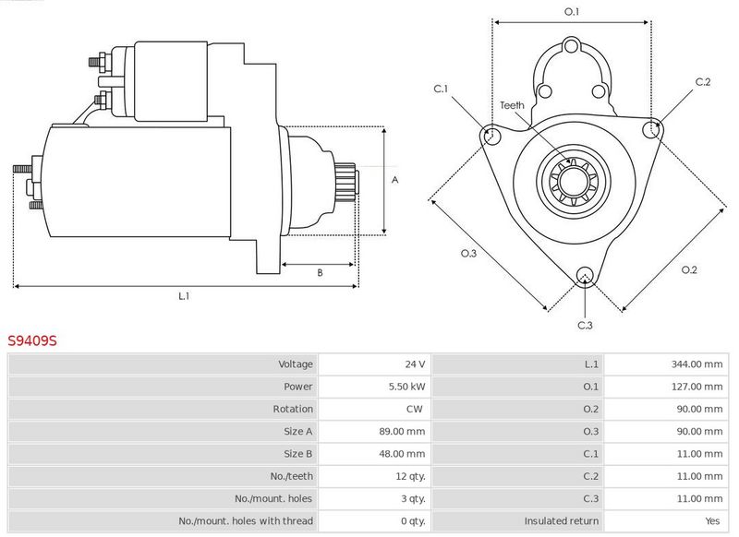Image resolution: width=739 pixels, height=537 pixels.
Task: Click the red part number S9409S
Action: (32, 340)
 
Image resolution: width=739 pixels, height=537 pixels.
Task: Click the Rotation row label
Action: (293, 409)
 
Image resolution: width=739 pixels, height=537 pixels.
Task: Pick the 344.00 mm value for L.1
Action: (697, 364)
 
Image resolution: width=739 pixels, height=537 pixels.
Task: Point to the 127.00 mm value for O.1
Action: (697, 387)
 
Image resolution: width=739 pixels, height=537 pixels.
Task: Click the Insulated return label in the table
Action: (562, 521)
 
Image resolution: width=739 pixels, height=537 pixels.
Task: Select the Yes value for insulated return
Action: (712, 521)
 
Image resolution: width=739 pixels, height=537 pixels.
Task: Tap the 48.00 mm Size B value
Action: (402, 454)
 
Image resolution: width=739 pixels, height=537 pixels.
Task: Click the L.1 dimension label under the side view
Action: (184, 296)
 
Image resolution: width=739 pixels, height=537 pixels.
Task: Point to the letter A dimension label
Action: (395, 180)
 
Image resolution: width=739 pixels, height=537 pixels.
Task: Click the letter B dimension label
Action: (320, 272)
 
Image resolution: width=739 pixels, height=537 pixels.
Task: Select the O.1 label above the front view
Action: (572, 11)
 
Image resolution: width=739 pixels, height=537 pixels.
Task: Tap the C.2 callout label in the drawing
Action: (703, 82)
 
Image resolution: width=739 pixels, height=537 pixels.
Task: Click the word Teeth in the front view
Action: (512, 105)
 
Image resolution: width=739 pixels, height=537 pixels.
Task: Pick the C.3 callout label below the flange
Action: (585, 325)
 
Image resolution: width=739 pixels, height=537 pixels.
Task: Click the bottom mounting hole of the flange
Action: (585, 276)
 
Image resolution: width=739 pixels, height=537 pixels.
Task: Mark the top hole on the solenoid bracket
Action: (571, 46)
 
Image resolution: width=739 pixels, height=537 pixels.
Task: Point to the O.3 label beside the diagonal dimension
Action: (469, 253)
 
